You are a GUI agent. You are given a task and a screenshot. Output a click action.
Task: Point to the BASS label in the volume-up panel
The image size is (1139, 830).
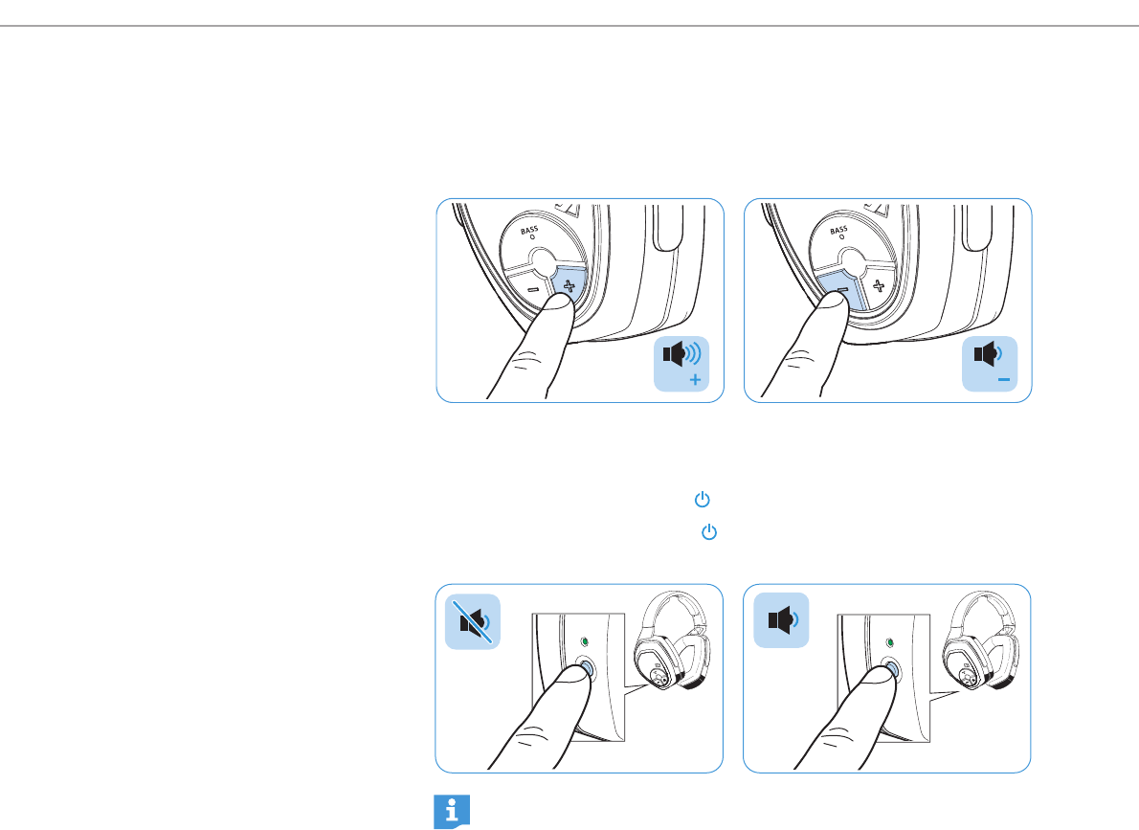tap(528, 230)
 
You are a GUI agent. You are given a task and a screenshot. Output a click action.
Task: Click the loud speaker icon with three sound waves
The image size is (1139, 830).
tap(681, 354)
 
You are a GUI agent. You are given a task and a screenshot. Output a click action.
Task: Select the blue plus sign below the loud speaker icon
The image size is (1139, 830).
tap(695, 379)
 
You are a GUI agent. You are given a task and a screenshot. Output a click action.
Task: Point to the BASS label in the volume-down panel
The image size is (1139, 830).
tap(838, 231)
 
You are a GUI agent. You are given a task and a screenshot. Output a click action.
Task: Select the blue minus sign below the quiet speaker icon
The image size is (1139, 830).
tap(1004, 379)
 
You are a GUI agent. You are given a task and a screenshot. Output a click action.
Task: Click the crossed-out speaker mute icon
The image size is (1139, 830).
tap(473, 622)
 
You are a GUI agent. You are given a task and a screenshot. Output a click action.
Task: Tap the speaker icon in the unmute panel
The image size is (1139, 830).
tap(782, 620)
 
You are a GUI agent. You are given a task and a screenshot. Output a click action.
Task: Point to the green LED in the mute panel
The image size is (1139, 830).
tap(585, 642)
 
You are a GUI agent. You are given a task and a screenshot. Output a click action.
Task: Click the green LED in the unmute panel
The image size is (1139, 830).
tap(890, 642)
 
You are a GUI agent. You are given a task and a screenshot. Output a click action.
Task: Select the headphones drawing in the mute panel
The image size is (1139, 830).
tap(672, 639)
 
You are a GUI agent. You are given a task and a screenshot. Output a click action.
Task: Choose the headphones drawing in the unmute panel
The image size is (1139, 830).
tap(980, 639)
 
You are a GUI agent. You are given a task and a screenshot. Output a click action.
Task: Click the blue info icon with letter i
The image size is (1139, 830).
tap(452, 811)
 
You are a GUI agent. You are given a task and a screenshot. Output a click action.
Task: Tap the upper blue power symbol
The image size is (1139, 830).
tap(702, 500)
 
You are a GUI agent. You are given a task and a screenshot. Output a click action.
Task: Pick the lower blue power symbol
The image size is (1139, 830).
tap(709, 532)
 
